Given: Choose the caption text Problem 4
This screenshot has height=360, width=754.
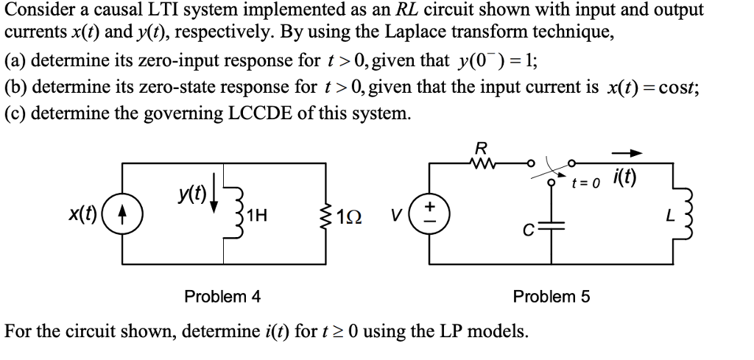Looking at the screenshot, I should [x=222, y=297].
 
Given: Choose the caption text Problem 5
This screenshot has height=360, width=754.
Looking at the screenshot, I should [x=551, y=297].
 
